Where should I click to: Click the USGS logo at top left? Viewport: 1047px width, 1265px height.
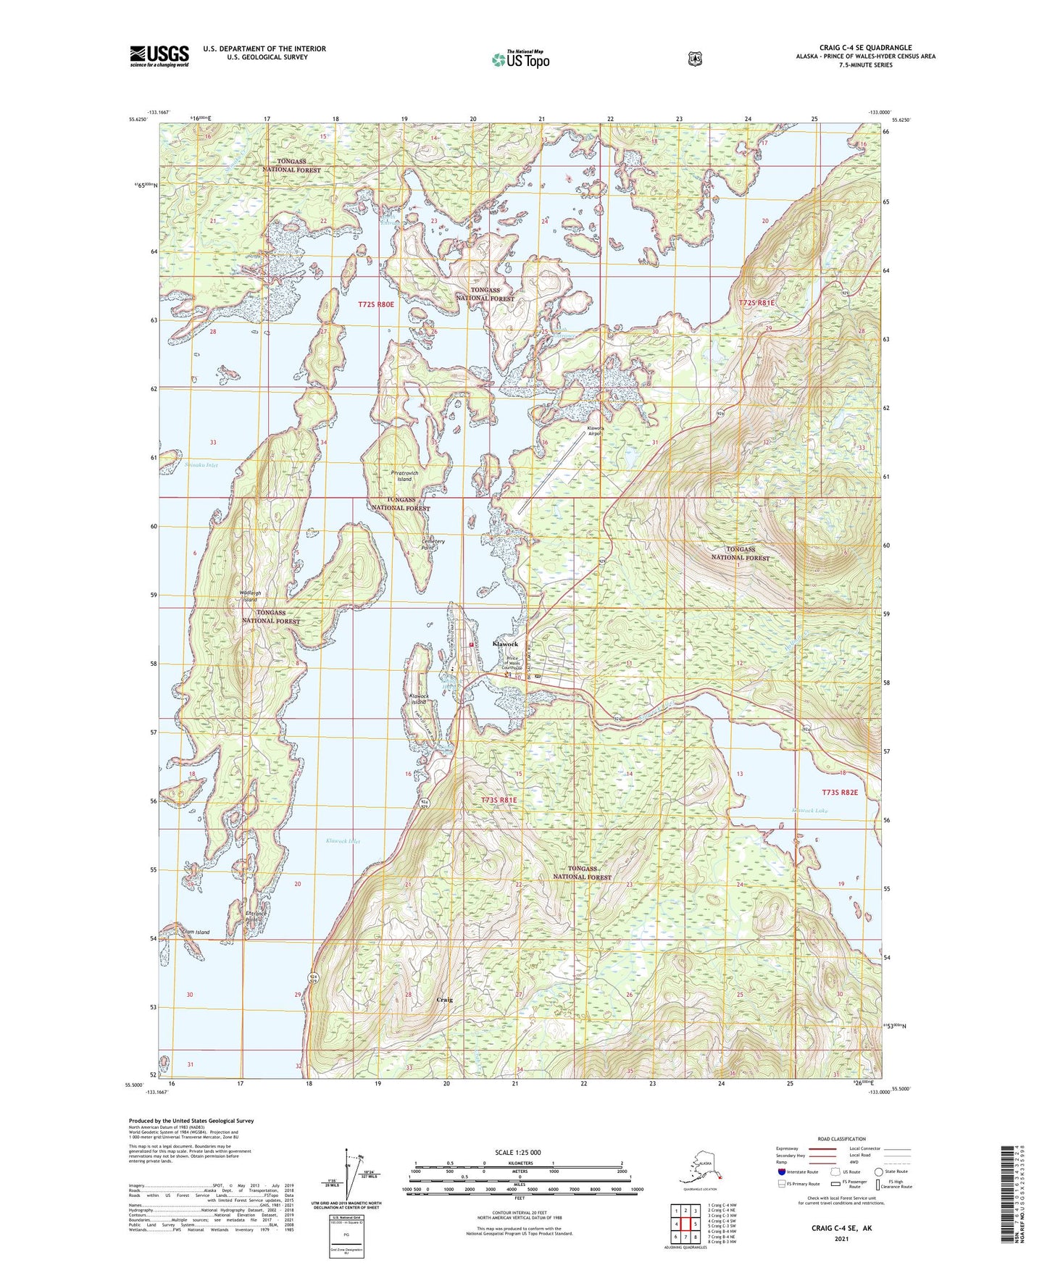coord(159,56)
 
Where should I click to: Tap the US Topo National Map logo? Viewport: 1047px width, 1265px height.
coord(520,59)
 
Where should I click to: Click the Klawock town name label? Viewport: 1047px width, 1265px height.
coord(505,644)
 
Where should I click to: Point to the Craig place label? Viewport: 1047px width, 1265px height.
coord(444,1000)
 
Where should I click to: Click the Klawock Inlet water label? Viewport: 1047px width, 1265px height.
coord(343,841)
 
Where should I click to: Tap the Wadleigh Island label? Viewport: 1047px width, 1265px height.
coord(249,596)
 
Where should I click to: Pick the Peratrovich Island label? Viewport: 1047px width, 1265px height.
coord(404,476)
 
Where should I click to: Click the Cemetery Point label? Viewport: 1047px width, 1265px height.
coord(433,544)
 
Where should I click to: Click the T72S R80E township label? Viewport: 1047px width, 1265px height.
coord(376,305)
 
